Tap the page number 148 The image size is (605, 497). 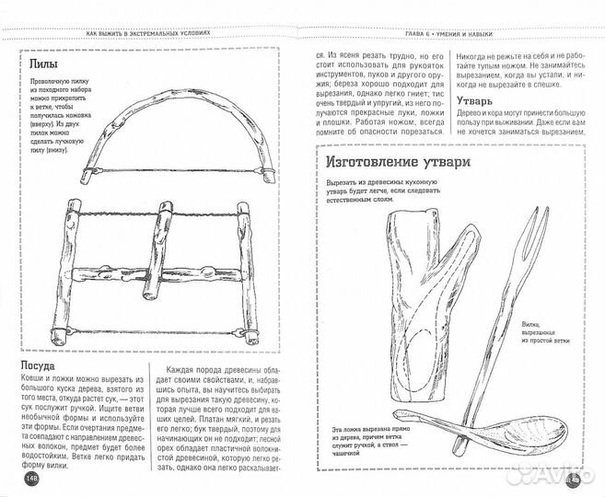pyautogui.click(x=31, y=477)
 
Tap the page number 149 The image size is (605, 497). pyautogui.click(x=571, y=477)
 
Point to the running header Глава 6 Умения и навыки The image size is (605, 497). pyautogui.click(x=442, y=35)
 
